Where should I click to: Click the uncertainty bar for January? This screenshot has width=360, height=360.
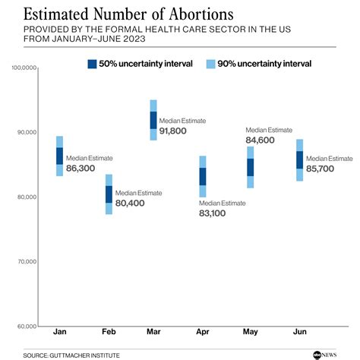pyautogui.click(x=60, y=156)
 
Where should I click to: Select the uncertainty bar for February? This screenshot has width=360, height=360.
pyautogui.click(x=109, y=194)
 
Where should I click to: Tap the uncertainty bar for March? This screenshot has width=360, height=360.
pyautogui.click(x=153, y=120)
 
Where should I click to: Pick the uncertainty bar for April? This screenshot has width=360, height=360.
pyautogui.click(x=203, y=176)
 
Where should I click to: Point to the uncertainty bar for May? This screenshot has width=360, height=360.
pyautogui.click(x=251, y=167)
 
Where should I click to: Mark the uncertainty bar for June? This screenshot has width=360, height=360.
pyautogui.click(x=299, y=160)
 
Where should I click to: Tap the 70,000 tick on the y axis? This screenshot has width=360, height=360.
pyautogui.click(x=24, y=262)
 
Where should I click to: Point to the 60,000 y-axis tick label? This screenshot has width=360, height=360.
pyautogui.click(x=24, y=327)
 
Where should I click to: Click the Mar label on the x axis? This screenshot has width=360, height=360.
pyautogui.click(x=153, y=332)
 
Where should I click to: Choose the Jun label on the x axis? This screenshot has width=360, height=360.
pyautogui.click(x=299, y=332)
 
